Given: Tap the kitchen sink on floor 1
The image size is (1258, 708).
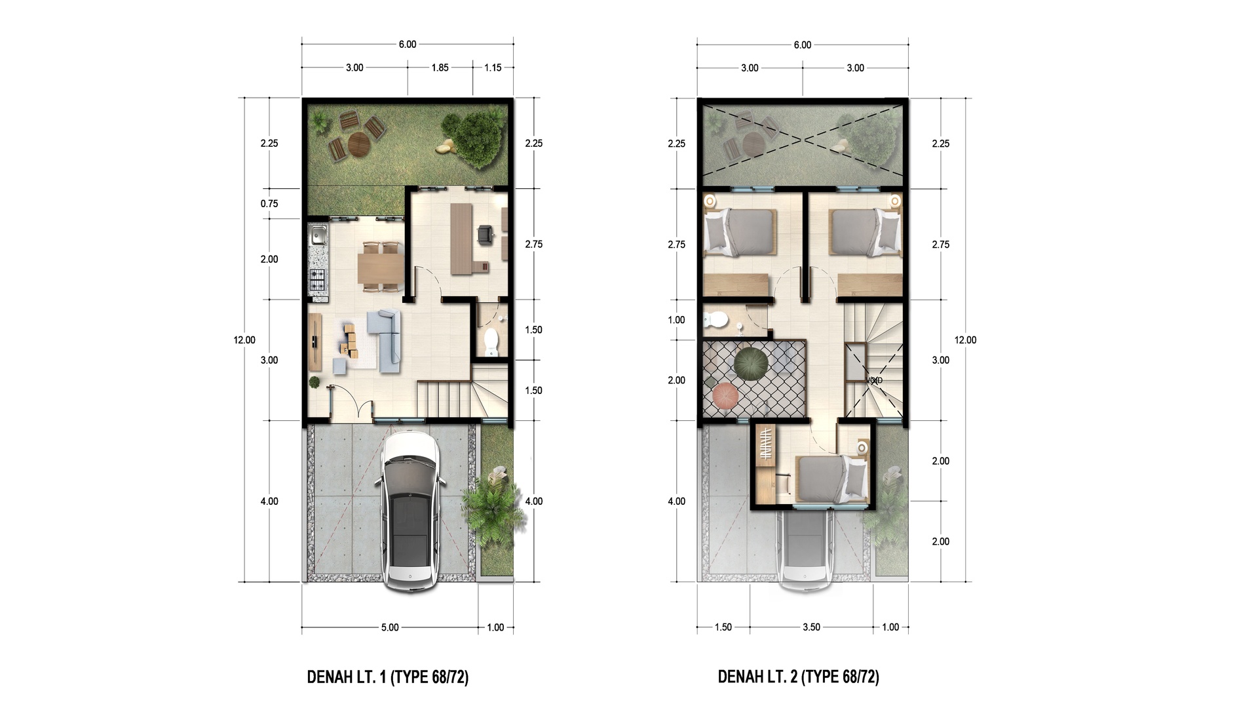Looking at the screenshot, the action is pos(319,234).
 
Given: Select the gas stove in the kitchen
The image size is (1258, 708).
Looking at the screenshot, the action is pos(318,281).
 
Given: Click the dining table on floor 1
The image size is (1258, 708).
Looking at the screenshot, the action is pos(381,267).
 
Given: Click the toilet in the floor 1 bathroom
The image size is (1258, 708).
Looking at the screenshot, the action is pos(491,340).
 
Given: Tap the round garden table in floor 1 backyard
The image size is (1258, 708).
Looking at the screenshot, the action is pos(358,144).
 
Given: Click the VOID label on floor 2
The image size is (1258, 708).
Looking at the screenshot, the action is pos(874,380).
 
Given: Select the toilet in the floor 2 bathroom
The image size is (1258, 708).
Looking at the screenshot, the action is pos(715,320).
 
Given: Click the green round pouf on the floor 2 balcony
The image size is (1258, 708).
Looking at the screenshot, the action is pos(748,363).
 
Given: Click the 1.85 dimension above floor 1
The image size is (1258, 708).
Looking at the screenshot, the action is pos(440,68).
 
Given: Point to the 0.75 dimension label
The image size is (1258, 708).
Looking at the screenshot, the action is pos(269,203).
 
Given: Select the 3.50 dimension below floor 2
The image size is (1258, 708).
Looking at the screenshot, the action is pos(811,627).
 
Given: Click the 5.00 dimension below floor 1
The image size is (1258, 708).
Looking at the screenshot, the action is pos(390,627).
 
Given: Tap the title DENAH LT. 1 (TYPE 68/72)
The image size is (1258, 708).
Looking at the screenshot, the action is pos(388,677).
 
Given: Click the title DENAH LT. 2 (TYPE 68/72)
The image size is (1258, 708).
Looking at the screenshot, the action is pos(799,677).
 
